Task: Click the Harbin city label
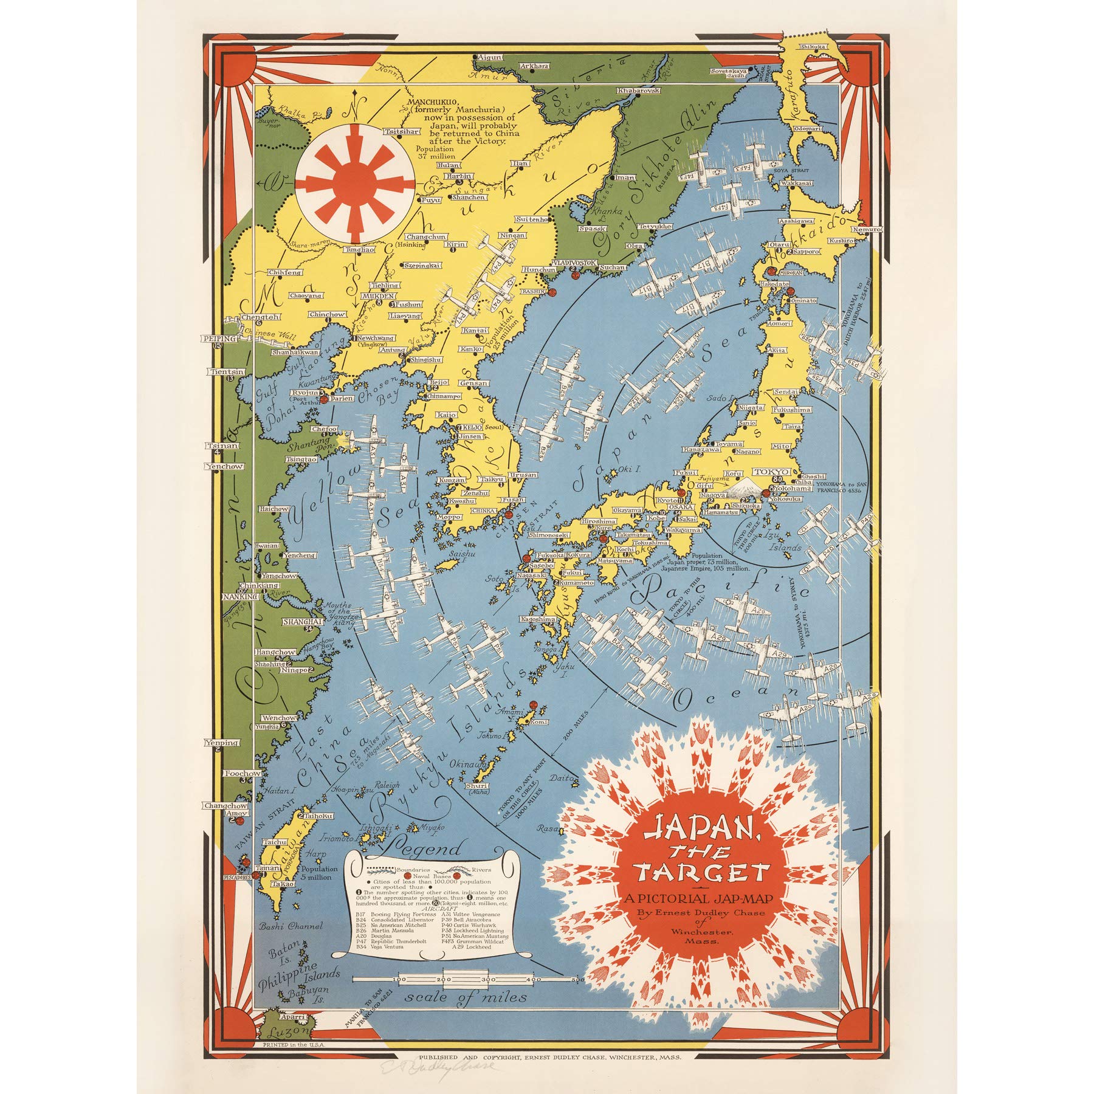459,176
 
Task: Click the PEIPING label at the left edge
219,339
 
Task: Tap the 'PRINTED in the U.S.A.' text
292,1044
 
